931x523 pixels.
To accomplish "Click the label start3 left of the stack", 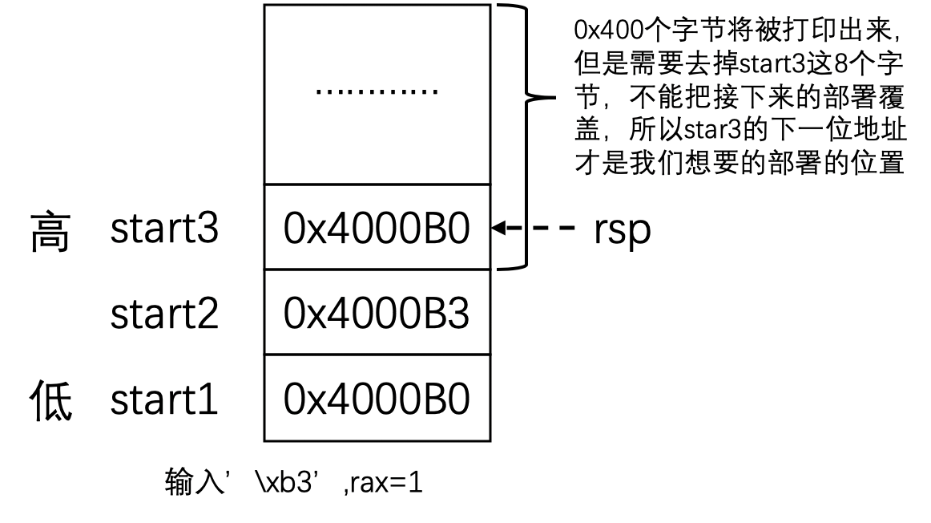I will click(164, 230).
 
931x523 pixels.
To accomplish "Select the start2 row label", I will click(164, 315).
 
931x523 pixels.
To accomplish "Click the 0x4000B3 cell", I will click(377, 314).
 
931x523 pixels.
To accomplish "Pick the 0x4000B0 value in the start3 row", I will click(377, 229).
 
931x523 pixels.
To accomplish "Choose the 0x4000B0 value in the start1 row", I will click(377, 399).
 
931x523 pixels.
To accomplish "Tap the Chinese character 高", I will click(50, 233).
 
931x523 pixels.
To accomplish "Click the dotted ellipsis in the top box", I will click(377, 91).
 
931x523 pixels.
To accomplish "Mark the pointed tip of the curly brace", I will click(552, 99).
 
